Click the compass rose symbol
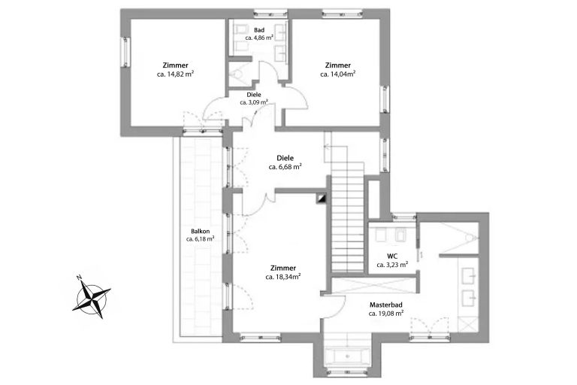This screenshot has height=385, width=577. click(92, 298)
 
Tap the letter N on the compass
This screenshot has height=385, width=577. click(79, 277)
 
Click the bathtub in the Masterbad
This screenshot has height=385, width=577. click(347, 356)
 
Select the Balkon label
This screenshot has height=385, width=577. click(200, 232)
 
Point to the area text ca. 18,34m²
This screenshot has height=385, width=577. click(283, 277)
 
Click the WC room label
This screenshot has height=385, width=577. click(392, 256)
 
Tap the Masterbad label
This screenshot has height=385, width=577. click(386, 305)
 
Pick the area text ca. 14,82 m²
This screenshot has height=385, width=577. click(175, 74)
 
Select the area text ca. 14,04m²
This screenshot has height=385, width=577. click(337, 74)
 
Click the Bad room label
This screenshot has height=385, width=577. click(259, 30)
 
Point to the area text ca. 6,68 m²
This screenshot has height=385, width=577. click(285, 167)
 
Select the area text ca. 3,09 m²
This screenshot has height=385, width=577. click(254, 102)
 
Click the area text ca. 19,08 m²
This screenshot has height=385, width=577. click(386, 314)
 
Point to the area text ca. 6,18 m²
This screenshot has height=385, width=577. click(200, 238)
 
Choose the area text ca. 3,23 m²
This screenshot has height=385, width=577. click(392, 265)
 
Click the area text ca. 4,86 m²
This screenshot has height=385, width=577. click(259, 38)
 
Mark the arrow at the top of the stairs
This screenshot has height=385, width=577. click(328, 147)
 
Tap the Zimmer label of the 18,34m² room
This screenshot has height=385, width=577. click(283, 268)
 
